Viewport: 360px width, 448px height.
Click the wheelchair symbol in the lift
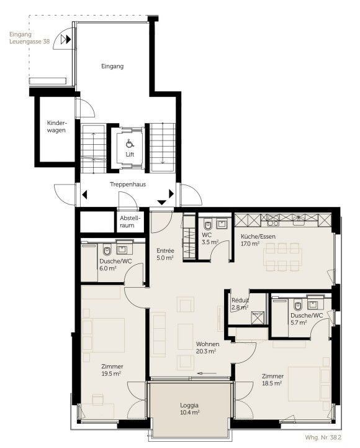click(x=130, y=143)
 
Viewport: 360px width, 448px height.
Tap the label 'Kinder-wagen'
click(x=56, y=127)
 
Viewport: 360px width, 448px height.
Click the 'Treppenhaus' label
click(x=128, y=185)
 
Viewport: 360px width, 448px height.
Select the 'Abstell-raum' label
click(x=130, y=221)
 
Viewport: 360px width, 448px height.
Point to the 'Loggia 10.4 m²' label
click(x=189, y=409)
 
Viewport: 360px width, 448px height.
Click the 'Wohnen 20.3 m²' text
click(x=207, y=348)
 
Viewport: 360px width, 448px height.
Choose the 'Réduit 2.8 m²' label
click(x=240, y=304)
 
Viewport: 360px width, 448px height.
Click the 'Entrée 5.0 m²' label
click(x=165, y=254)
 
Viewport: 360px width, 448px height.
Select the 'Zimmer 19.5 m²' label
click(x=112, y=370)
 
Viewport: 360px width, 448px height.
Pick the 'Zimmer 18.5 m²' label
click(x=272, y=380)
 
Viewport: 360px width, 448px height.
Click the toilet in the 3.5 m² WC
click(x=208, y=224)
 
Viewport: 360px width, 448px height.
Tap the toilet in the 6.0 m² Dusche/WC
click(x=107, y=250)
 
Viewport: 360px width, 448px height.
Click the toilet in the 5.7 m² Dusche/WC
click(x=297, y=306)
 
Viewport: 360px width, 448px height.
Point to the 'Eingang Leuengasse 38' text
click(x=29, y=38)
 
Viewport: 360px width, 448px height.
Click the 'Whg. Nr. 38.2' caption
click(x=323, y=437)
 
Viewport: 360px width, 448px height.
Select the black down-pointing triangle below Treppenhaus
click(x=162, y=203)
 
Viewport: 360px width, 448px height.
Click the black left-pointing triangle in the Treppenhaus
click(x=84, y=195)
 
